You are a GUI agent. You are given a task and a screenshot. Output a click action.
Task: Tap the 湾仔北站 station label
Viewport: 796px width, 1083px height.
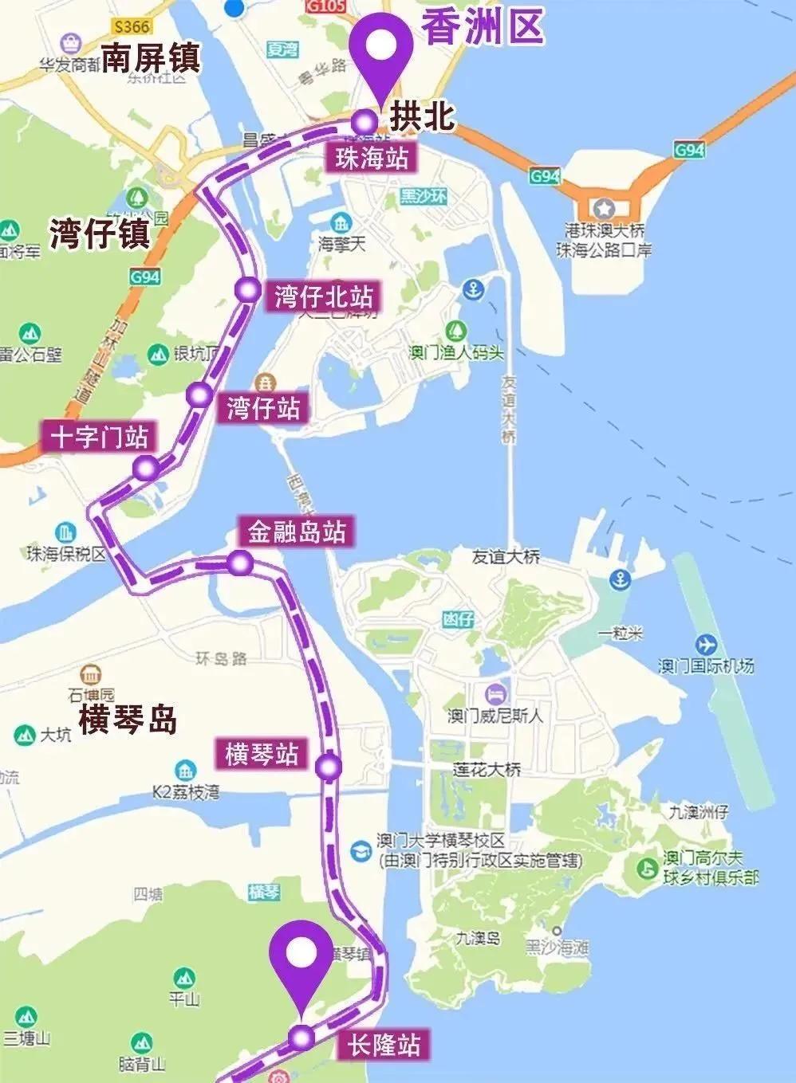(x=324, y=297)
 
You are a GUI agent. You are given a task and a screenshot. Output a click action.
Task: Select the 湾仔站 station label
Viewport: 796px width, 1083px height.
(x=264, y=408)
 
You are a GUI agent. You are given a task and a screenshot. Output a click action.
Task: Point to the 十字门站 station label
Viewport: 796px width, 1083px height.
(x=100, y=438)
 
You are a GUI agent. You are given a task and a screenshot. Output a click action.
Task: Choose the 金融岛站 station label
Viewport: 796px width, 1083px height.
(x=297, y=532)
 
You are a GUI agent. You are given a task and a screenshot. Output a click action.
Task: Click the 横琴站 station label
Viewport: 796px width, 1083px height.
(x=262, y=753)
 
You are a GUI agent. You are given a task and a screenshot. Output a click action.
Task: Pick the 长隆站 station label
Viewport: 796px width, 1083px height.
(x=384, y=1045)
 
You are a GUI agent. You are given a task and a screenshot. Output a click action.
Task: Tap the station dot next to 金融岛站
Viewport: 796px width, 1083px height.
(x=240, y=563)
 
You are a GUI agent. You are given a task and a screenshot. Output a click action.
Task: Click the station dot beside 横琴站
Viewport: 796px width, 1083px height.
(x=328, y=767)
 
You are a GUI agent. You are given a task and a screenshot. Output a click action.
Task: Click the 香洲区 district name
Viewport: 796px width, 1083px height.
(x=483, y=27)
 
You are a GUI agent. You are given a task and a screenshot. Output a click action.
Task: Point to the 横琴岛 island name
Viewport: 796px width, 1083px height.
(x=128, y=720)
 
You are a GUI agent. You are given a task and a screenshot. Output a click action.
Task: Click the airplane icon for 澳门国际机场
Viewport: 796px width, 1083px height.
(x=706, y=643)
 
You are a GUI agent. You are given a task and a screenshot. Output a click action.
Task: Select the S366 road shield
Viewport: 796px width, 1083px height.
(x=131, y=26)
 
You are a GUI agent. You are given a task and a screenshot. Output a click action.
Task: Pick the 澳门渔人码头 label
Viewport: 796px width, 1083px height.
(x=457, y=351)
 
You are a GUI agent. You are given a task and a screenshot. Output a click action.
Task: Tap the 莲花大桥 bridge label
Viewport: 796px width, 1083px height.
(x=487, y=769)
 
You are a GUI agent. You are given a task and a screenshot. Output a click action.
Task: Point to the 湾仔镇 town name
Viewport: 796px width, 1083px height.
(x=99, y=233)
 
